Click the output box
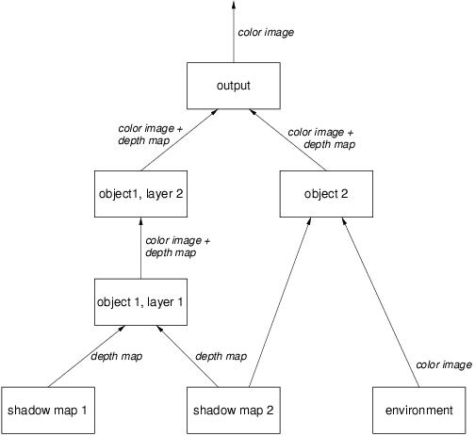click(x=234, y=86)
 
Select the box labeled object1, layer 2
click(x=140, y=194)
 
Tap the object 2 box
click(x=326, y=194)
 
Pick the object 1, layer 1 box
click(x=140, y=302)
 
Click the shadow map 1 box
click(x=48, y=411)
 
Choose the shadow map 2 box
click(x=234, y=411)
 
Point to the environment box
click(x=419, y=411)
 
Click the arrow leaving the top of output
click(x=234, y=31)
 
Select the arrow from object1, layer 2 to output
click(x=179, y=140)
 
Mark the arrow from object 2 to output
click(x=287, y=140)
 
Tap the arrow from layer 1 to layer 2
click(x=140, y=248)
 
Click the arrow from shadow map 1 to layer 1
click(x=87, y=356)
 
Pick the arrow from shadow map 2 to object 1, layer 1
click(x=188, y=356)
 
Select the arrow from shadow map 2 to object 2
click(x=280, y=302)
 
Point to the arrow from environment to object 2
click(x=381, y=302)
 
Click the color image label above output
click(x=266, y=32)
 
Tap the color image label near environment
click(x=444, y=364)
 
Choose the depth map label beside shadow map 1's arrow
click(x=117, y=356)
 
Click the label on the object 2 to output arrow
click(x=321, y=138)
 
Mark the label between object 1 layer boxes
click(x=177, y=247)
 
